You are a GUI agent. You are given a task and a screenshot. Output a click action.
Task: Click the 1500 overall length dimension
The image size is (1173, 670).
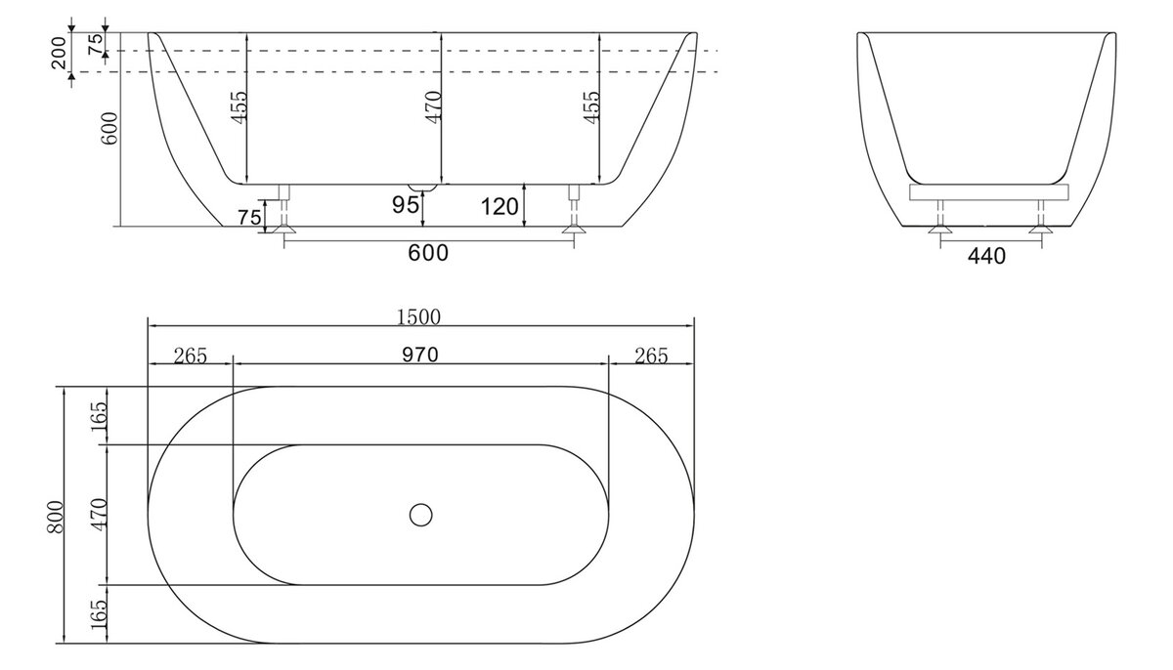pyautogui.click(x=418, y=317)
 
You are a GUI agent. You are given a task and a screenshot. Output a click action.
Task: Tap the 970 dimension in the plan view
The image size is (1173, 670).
pyautogui.click(x=420, y=355)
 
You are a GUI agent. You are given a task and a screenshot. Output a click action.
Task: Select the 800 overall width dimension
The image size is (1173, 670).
pyautogui.click(x=55, y=517)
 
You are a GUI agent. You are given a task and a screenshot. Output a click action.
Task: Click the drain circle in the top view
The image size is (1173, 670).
pyautogui.click(x=420, y=515)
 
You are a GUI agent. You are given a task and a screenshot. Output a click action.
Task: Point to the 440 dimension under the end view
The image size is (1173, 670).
pyautogui.click(x=986, y=256)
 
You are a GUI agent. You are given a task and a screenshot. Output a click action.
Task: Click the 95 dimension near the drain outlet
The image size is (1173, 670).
pyautogui.click(x=406, y=204)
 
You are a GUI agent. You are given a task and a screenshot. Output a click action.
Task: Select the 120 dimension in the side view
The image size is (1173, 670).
pyautogui.click(x=500, y=207)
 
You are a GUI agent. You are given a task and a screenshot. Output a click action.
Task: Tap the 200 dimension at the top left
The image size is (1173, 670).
pyautogui.click(x=60, y=53)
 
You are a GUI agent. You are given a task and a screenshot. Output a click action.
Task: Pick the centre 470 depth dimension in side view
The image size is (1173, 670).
pyautogui.click(x=434, y=107)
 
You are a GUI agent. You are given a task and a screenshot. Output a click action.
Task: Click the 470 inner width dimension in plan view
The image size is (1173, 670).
pyautogui.click(x=99, y=515)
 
